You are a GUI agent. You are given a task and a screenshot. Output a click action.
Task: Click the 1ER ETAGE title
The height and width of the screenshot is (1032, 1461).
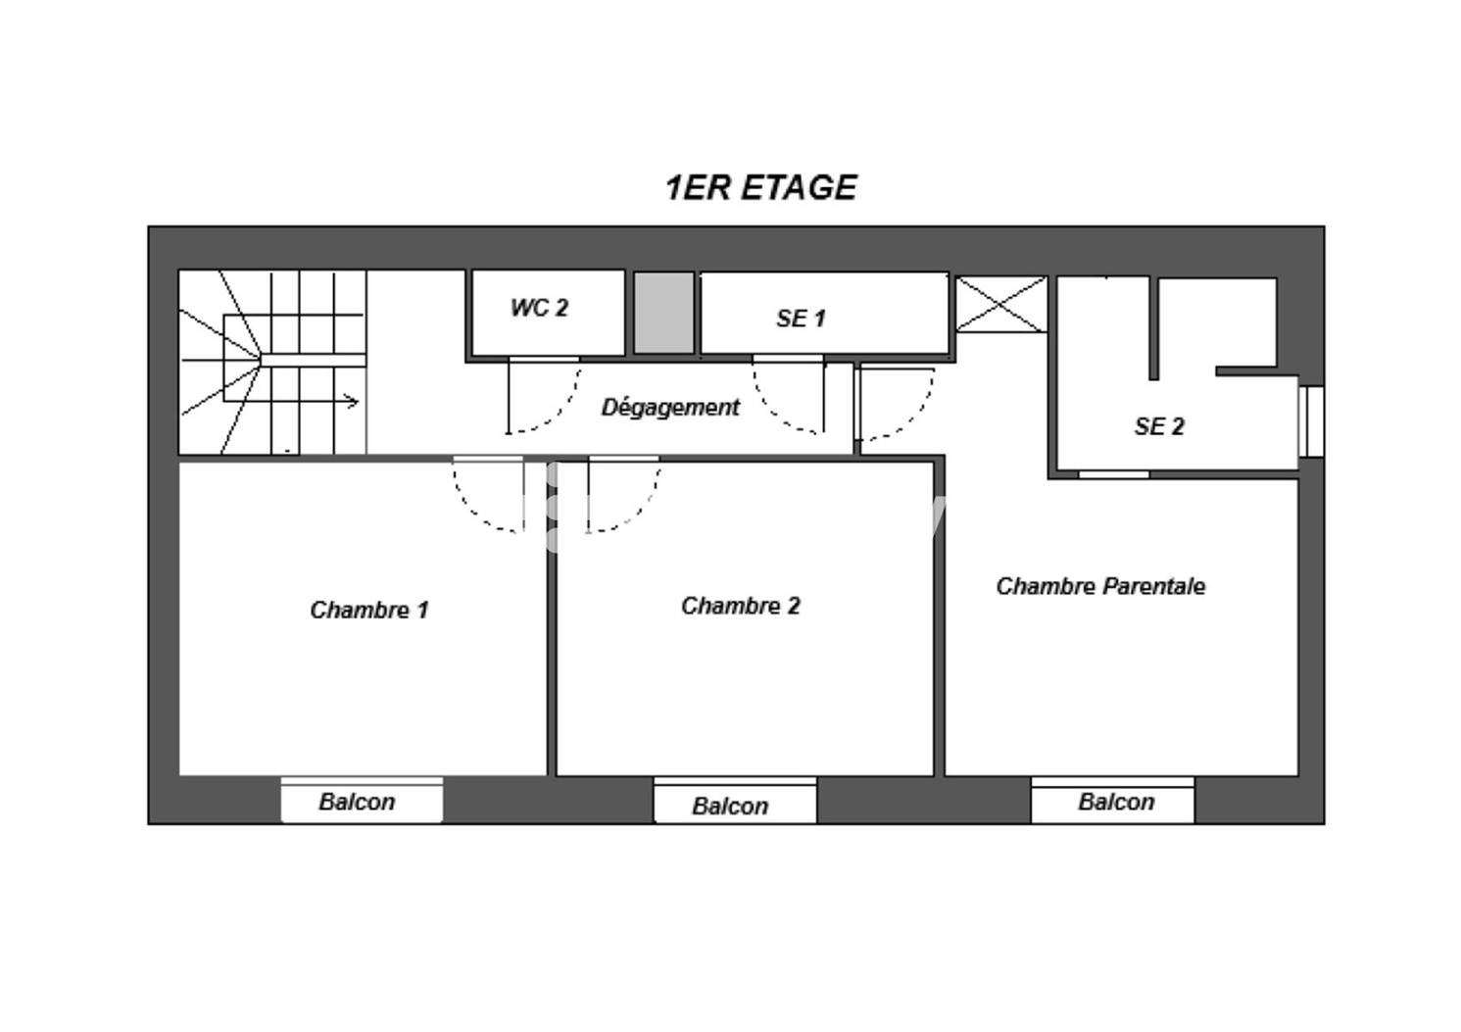point(760,187)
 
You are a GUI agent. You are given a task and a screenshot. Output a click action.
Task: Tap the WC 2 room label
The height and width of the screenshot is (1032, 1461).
point(539,308)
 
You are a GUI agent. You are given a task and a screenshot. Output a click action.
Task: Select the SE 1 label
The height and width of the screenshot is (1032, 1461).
point(801,319)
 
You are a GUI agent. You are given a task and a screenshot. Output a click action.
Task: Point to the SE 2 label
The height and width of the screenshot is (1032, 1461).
point(1159,426)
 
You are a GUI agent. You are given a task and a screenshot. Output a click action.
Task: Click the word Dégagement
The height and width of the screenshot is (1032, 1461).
point(670,407)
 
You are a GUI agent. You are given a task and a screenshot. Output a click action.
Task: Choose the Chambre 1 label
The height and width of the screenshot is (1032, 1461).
point(368,610)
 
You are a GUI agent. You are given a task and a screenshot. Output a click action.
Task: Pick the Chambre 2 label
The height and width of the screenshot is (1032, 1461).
point(740,606)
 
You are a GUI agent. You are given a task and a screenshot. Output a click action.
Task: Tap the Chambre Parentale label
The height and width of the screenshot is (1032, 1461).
point(1099,586)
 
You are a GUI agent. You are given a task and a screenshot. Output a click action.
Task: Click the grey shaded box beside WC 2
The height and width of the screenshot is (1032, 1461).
point(663,313)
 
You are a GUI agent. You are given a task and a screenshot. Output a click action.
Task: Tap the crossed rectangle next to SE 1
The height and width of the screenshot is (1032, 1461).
point(1000,305)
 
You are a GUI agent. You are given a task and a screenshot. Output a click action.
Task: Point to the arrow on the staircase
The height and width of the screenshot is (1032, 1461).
point(347,401)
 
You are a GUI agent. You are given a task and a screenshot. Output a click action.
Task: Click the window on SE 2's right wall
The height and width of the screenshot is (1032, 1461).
point(1311,421)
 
